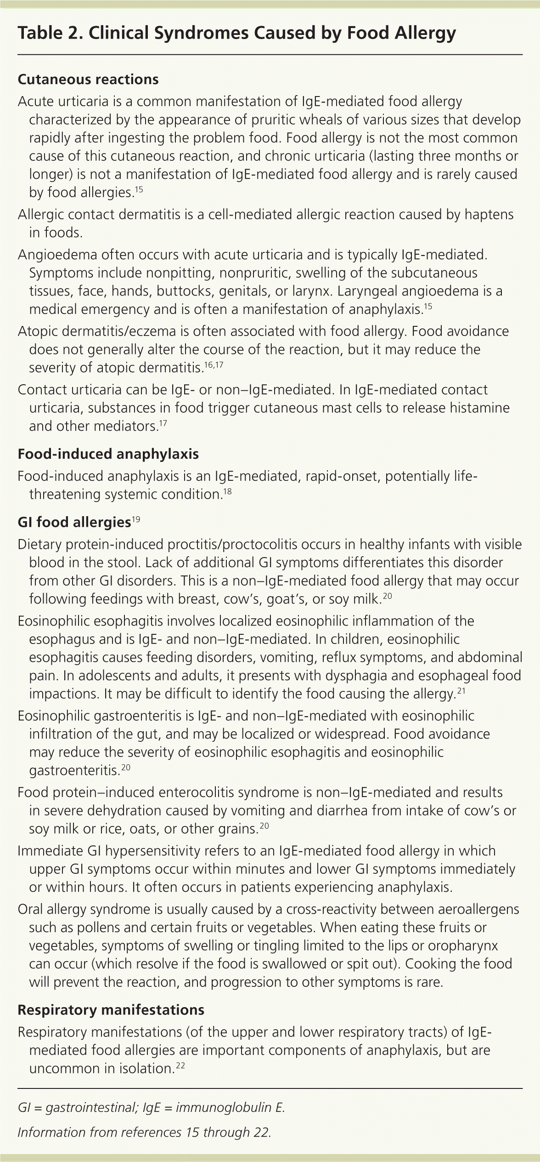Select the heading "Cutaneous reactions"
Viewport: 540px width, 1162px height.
point(88,80)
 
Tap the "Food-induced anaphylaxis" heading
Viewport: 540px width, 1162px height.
point(108,454)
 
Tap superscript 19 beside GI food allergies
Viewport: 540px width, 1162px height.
point(136,519)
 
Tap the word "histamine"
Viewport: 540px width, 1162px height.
point(478,408)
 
